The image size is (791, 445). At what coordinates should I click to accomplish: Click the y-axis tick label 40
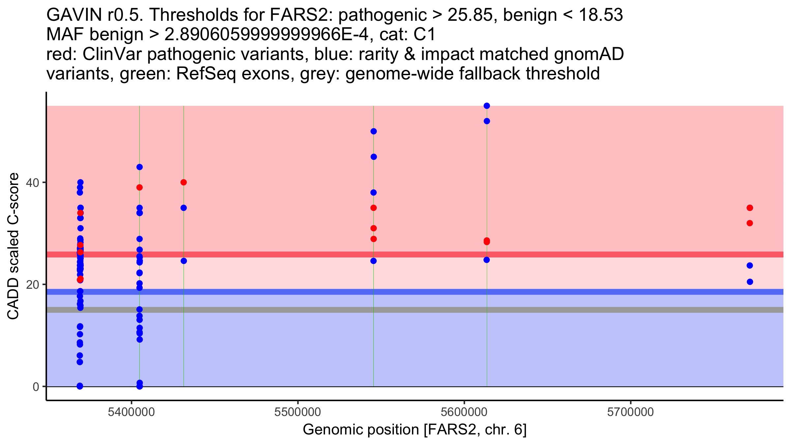(32, 183)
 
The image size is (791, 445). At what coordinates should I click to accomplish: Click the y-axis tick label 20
(32, 284)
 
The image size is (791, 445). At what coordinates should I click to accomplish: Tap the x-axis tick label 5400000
(132, 412)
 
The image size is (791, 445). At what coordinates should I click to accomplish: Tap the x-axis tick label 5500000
(298, 412)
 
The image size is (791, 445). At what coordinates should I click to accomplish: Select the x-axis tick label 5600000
(464, 412)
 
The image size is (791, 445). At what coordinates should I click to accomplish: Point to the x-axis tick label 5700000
(630, 412)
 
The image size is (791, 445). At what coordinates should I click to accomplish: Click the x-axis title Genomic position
(415, 430)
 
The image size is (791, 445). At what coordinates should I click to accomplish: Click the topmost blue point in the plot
(487, 106)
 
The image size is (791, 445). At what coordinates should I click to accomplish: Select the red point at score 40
(184, 182)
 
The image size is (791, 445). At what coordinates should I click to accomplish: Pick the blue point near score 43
(139, 167)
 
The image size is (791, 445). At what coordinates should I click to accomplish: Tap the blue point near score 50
(373, 132)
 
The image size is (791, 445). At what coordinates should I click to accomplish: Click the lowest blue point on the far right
(750, 282)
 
